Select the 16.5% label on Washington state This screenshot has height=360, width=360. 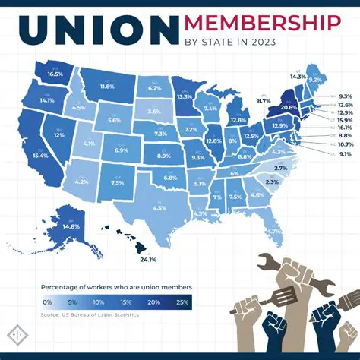55,75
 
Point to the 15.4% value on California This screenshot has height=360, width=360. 41,156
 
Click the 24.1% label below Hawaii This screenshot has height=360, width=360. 148,260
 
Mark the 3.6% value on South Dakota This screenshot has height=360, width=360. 154,112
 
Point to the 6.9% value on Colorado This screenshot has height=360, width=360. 120,151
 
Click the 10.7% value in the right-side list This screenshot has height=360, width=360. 346,144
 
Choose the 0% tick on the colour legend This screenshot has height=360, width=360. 46,302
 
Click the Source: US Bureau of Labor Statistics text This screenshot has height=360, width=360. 90,314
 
